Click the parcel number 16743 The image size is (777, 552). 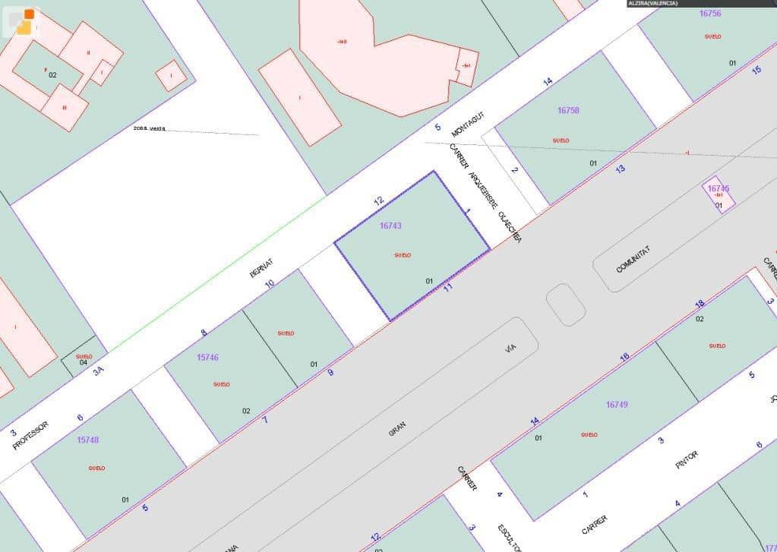tap(390, 226)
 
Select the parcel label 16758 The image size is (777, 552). tap(568, 110)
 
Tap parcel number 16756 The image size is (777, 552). tap(709, 14)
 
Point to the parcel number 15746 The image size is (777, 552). tap(207, 357)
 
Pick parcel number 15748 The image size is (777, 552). tap(88, 440)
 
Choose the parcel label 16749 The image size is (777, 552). tap(617, 405)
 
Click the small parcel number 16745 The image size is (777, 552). tap(718, 188)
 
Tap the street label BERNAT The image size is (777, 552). tap(261, 268)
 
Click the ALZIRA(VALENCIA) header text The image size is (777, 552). tap(653, 4)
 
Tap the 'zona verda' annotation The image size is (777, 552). tap(149, 128)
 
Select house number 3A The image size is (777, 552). tap(98, 371)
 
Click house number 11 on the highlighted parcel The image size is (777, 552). tap(448, 287)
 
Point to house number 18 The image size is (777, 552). tap(700, 304)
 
